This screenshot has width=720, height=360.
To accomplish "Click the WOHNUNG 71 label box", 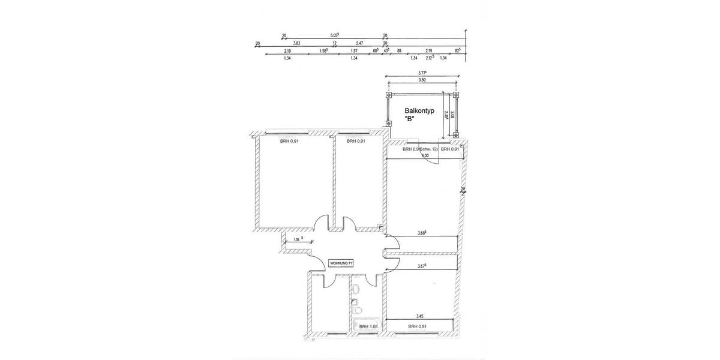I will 341,263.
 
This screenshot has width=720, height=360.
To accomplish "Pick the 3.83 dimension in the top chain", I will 296,43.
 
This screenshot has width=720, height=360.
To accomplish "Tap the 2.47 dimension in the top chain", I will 359,43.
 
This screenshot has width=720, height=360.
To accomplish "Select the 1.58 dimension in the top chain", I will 324,51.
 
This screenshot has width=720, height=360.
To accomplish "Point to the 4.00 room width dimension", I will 425,156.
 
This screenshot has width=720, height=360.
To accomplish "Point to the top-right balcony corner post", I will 455,95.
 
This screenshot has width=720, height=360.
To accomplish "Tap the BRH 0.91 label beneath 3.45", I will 417,326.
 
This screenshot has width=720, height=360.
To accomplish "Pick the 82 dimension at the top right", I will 457,51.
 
